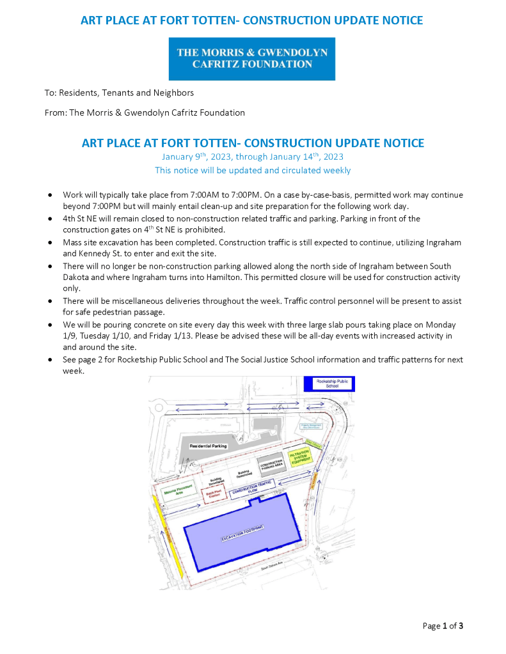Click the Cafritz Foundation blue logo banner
click(x=252, y=58)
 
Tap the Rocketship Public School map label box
click(x=333, y=383)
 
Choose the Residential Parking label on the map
click(x=208, y=446)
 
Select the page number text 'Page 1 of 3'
click(x=443, y=626)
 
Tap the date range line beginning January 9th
click(x=253, y=157)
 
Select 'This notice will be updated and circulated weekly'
click(x=253, y=171)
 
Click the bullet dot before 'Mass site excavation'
click(x=50, y=243)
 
